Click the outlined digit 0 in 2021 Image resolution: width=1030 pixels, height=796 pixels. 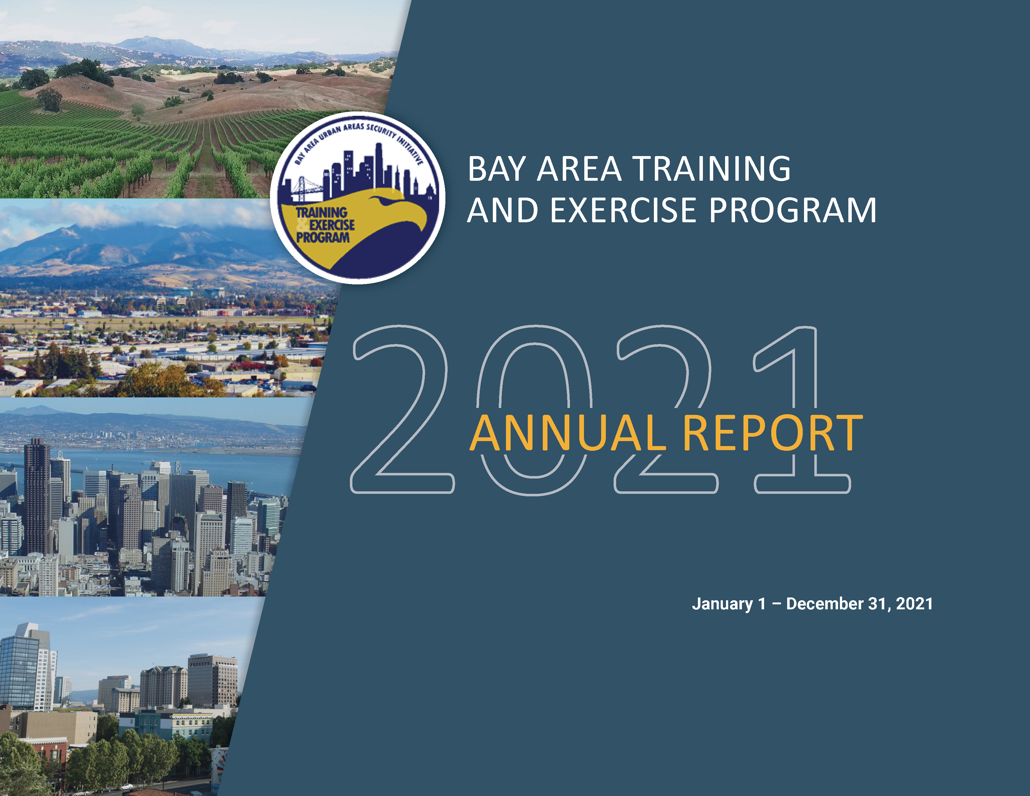point(534,410)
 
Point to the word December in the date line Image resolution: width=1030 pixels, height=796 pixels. point(824,604)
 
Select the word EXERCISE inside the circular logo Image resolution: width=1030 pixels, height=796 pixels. point(331,225)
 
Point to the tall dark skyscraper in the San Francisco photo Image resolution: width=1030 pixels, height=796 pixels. point(37,495)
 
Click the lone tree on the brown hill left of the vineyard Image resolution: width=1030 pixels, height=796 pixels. point(50,99)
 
